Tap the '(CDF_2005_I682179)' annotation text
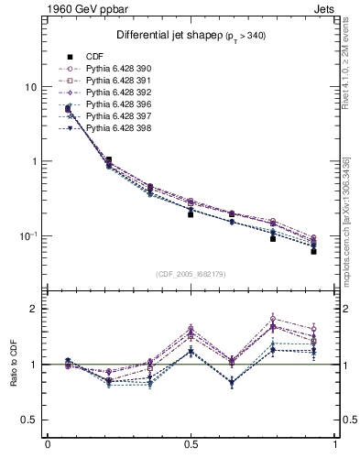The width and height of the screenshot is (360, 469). coord(191,274)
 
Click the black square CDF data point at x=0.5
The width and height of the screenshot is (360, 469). coord(191,213)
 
